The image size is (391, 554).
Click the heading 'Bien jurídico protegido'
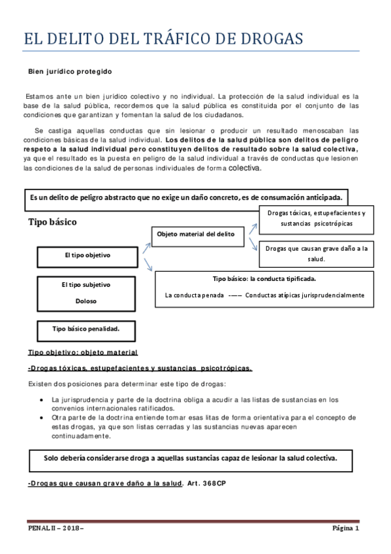[70, 71]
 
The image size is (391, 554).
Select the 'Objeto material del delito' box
[195, 233]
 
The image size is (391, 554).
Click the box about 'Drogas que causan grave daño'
[317, 253]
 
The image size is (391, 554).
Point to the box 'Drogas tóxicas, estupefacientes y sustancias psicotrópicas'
[316, 218]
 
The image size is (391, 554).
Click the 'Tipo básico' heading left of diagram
[52, 222]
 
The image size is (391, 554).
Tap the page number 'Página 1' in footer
[345, 527]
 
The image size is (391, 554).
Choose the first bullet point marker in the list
[42, 399]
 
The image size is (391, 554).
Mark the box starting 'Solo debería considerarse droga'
[191, 458]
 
